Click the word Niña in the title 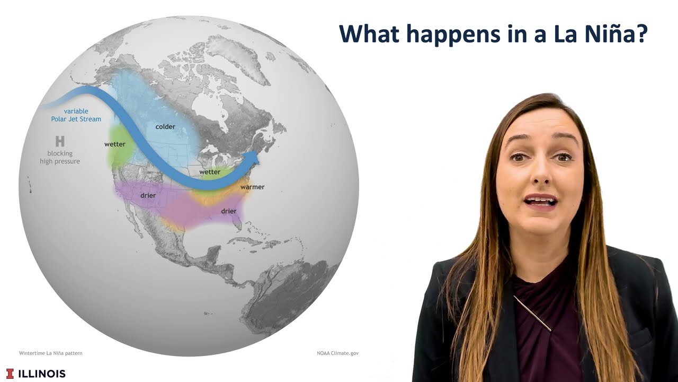point(618,33)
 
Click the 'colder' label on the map point(165,126)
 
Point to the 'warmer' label point(252,187)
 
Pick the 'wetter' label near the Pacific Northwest point(115,144)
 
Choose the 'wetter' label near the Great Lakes point(210,172)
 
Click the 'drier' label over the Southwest point(148,195)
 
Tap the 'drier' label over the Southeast point(228,211)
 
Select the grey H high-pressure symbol point(60,141)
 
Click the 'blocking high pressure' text point(60,157)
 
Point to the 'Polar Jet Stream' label point(76,119)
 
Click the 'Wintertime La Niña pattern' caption point(51,353)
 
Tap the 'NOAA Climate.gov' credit point(337,353)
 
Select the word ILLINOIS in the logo point(42,374)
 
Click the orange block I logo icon point(10,374)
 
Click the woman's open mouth point(541,201)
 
